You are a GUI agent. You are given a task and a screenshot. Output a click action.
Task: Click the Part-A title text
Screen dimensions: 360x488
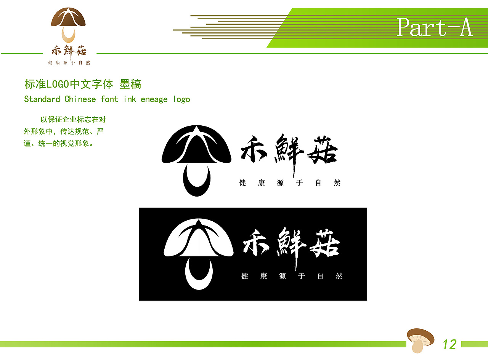pos(434,27)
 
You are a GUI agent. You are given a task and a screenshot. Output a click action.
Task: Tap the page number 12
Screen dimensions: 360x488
pos(449,344)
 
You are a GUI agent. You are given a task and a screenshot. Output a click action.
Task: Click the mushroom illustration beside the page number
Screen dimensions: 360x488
pos(420,340)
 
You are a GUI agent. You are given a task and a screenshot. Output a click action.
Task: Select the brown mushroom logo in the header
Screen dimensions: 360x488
pos(68,24)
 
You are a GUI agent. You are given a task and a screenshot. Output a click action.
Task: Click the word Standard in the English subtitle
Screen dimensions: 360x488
pos(42,99)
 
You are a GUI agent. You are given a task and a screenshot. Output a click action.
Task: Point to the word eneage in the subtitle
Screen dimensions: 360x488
pos(154,99)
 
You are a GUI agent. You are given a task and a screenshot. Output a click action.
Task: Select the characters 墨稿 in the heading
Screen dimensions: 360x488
pos(130,84)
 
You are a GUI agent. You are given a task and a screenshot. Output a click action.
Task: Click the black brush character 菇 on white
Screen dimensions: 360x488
pos(323,151)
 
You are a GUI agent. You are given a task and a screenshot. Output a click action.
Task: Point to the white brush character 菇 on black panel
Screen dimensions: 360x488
pos(325,244)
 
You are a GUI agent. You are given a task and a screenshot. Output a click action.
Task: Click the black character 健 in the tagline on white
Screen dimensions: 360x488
pos(243,183)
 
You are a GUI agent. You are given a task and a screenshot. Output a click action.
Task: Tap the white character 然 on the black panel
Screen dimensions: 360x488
pos(339,276)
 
